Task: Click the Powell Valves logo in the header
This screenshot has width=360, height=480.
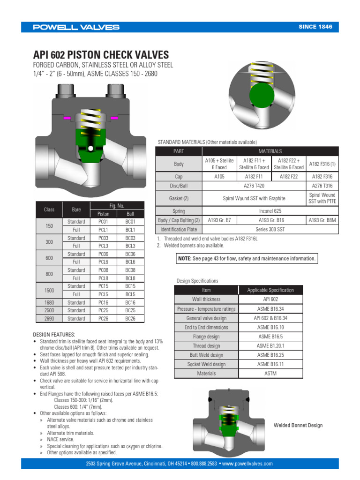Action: [x=76, y=27]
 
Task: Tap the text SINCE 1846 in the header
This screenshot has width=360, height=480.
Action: [x=315, y=27]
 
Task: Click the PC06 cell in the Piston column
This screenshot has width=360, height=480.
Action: [x=103, y=254]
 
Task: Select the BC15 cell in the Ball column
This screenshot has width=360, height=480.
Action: [x=130, y=286]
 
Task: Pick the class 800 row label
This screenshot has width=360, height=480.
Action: [x=49, y=274]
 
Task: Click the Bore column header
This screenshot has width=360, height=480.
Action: [x=76, y=210]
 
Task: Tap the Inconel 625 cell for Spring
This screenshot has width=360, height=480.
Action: [x=270, y=211]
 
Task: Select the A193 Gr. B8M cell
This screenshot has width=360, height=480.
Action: [x=322, y=220]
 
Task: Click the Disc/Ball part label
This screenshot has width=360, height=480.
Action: [x=179, y=186]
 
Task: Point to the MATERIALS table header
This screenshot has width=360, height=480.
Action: [x=270, y=151]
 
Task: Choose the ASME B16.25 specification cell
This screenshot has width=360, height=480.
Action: [x=270, y=355]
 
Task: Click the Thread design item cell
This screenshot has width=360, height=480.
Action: [x=206, y=346]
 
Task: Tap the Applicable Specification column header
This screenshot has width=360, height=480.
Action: [x=270, y=290]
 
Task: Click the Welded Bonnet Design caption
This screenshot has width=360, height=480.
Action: [x=298, y=425]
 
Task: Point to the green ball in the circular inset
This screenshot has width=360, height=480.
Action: [x=262, y=95]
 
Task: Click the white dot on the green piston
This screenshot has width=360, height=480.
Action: [x=90, y=149]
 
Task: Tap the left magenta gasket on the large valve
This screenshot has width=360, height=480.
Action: [x=67, y=118]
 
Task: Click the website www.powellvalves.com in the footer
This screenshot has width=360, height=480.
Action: [x=247, y=464]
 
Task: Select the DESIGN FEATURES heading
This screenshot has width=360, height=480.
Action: [x=54, y=335]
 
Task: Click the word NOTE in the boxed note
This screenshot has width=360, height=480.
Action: [x=185, y=258]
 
